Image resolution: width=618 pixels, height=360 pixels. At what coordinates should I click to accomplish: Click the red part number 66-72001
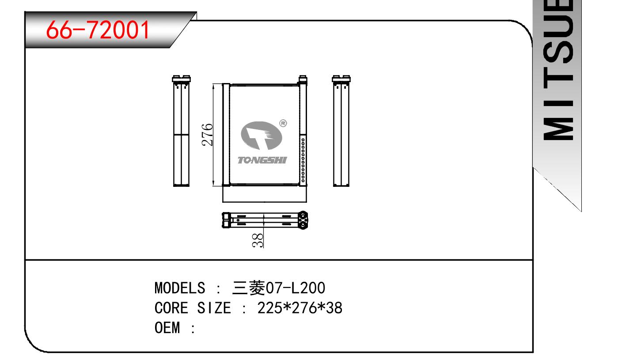[x=98, y=30]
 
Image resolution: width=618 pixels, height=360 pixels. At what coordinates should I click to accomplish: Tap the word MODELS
[x=180, y=288]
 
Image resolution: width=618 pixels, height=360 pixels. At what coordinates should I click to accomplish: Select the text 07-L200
[x=296, y=288]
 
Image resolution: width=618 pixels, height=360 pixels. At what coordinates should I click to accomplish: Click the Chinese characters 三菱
[x=249, y=288]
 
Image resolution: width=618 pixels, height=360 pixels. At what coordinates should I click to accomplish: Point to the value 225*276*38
[x=300, y=308]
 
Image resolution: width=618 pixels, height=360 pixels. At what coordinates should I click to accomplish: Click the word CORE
[x=171, y=308]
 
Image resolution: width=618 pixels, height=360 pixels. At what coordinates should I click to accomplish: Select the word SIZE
[x=214, y=308]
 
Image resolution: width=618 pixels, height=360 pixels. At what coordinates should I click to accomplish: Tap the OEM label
[x=167, y=328]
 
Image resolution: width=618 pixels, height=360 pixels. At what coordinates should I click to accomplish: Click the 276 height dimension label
[x=207, y=135]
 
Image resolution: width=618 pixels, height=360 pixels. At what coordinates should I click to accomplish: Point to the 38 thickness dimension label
[x=258, y=240]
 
